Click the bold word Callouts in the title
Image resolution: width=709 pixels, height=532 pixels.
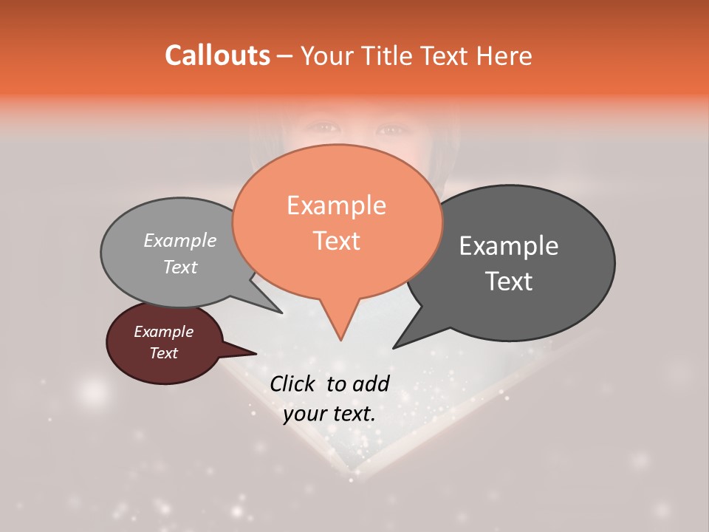point(217,55)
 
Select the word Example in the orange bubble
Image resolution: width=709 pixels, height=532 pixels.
point(336,205)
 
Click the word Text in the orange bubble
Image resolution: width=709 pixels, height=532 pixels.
point(336,240)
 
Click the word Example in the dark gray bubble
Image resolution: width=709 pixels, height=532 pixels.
point(508,246)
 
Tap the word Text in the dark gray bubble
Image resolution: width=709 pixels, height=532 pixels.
point(510,282)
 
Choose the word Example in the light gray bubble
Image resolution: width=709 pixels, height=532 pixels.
point(179,240)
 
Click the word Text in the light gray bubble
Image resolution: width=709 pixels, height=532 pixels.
point(179,267)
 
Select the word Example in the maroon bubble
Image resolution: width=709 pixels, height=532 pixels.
point(163,332)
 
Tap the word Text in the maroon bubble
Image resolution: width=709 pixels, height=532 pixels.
point(163,353)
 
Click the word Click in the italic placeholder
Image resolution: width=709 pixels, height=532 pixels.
point(293,383)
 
